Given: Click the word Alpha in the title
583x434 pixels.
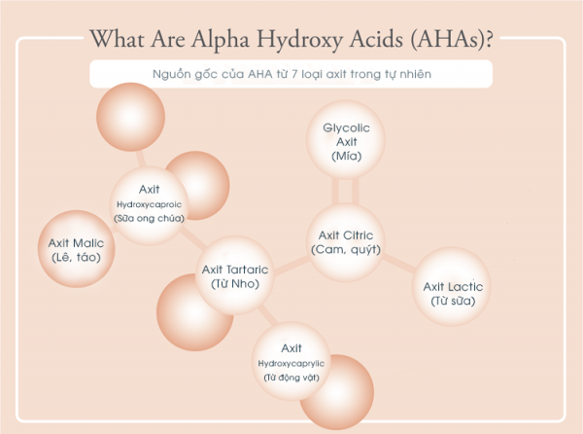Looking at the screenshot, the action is pyautogui.click(x=221, y=39).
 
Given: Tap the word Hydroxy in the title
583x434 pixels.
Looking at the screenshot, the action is pyautogui.click(x=299, y=40).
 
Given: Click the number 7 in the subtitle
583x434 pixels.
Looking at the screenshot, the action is pyautogui.click(x=294, y=74).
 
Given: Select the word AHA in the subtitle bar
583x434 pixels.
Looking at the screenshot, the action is pyautogui.click(x=259, y=74).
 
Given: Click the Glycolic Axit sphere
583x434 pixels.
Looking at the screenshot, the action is pyautogui.click(x=346, y=139).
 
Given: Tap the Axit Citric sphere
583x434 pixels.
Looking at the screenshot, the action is pyautogui.click(x=346, y=242).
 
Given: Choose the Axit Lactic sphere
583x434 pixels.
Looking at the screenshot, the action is pyautogui.click(x=452, y=287).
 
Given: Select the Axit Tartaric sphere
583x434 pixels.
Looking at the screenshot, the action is pyautogui.click(x=235, y=275).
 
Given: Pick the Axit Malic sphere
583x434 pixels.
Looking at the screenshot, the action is pyautogui.click(x=76, y=249).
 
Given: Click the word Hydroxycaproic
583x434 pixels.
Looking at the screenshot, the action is pyautogui.click(x=149, y=204).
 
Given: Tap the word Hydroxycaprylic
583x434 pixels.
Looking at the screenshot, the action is pyautogui.click(x=291, y=363).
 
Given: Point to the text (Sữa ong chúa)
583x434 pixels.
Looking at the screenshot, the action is pyautogui.click(x=149, y=218).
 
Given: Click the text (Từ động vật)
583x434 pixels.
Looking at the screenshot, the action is pyautogui.click(x=291, y=378).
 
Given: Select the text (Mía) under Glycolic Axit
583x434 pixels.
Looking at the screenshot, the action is pyautogui.click(x=347, y=156).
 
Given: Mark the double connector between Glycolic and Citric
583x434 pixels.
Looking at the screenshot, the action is pyautogui.click(x=346, y=191).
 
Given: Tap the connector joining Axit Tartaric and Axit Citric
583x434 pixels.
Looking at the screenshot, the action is pyautogui.click(x=291, y=266).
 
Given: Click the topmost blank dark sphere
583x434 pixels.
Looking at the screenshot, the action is pyautogui.click(x=130, y=117).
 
